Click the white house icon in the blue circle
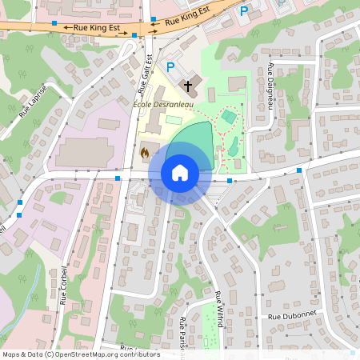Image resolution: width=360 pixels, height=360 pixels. (x=180, y=172)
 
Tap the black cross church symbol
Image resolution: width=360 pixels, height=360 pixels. (x=189, y=85)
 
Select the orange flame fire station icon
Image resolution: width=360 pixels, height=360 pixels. (x=145, y=150)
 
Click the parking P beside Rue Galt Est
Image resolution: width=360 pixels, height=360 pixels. (x=170, y=67)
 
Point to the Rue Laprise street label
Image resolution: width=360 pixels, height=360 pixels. (x=33, y=102)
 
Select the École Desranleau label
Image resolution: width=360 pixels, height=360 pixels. (x=163, y=105)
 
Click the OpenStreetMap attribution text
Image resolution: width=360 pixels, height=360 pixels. (x=80, y=354)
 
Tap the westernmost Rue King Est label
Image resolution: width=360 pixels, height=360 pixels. (x=96, y=27)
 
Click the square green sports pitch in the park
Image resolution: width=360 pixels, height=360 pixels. (x=229, y=118)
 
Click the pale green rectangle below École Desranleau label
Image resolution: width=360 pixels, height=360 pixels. (x=174, y=119)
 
